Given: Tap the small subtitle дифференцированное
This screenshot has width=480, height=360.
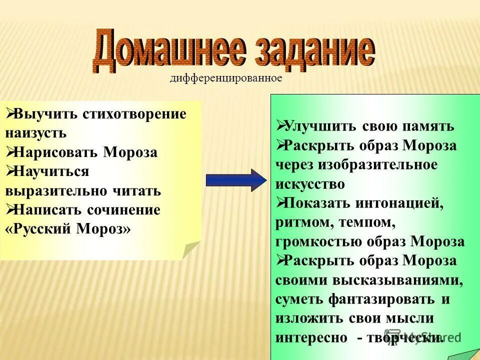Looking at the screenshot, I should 226,78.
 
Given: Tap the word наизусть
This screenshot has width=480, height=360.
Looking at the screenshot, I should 36,133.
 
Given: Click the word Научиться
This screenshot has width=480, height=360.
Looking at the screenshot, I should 52,171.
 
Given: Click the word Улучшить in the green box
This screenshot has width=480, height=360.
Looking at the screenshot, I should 319,126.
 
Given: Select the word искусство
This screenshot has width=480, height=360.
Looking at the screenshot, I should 310,184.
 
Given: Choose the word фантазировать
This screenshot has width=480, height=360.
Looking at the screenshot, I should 382,299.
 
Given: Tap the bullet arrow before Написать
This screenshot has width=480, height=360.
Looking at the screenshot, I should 10,210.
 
